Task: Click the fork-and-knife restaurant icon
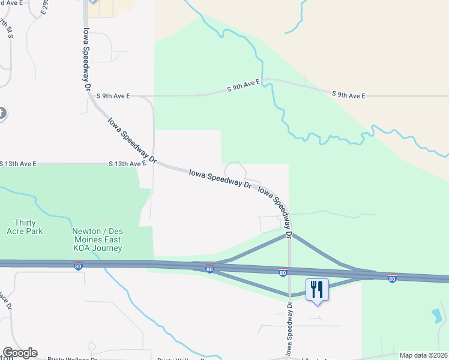(x=316, y=290)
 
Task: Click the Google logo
(x=19, y=353)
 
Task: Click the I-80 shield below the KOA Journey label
(x=78, y=265)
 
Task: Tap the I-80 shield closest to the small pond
(x=392, y=278)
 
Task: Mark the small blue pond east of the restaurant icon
(x=436, y=315)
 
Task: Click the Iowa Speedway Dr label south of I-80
(x=289, y=328)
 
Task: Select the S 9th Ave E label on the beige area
(x=348, y=95)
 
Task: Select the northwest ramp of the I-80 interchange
(x=252, y=248)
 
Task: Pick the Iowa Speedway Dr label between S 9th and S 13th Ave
(x=131, y=140)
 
